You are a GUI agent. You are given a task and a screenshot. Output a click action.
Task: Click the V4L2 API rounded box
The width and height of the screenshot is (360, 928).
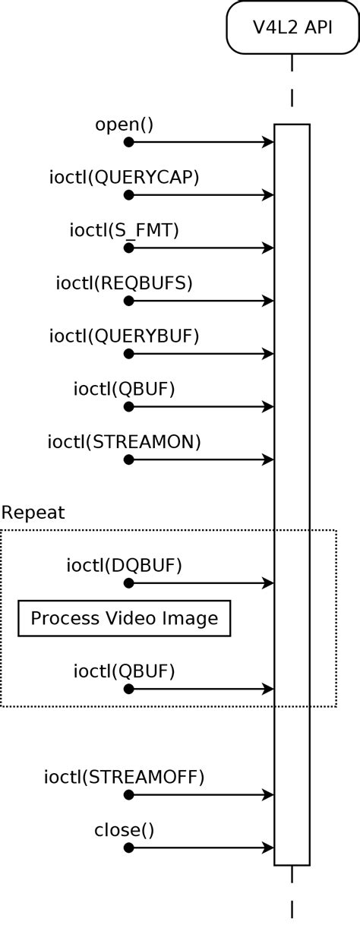click(x=292, y=27)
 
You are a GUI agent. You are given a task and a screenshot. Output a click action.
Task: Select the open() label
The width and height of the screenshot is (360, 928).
click(x=125, y=124)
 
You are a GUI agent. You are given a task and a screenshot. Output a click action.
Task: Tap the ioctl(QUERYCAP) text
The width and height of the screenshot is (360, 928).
click(x=125, y=177)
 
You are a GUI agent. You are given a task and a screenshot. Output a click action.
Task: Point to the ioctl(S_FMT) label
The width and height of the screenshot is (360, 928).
click(x=125, y=229)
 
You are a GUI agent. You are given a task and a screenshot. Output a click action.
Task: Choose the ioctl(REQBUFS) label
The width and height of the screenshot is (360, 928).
click(x=125, y=283)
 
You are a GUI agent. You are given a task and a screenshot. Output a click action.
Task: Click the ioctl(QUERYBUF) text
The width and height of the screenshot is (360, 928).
click(x=125, y=336)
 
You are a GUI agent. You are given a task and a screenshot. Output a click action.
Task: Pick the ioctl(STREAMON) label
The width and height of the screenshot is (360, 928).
click(x=125, y=441)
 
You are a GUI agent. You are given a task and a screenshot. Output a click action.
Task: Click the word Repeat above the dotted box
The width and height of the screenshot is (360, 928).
click(x=33, y=513)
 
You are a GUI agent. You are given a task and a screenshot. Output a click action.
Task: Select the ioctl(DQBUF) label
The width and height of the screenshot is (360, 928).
click(x=125, y=565)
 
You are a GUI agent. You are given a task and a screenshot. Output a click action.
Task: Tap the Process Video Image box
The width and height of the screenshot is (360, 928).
click(x=125, y=618)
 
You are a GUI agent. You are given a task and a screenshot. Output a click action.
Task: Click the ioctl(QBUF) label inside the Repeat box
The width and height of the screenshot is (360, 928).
click(x=125, y=671)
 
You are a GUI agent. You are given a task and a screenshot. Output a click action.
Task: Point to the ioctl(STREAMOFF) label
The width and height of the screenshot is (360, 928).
click(x=125, y=777)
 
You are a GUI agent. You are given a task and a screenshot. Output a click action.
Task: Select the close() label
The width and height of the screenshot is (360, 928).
click(x=125, y=829)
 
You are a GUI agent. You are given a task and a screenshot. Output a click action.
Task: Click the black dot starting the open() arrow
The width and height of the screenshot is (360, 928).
click(x=128, y=142)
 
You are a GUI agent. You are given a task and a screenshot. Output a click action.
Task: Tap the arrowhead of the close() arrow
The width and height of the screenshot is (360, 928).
click(x=269, y=848)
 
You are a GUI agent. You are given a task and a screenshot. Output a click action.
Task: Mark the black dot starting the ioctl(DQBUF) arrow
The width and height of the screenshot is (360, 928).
click(x=128, y=583)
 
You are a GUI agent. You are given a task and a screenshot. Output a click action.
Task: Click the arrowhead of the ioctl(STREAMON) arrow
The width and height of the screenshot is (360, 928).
click(x=269, y=459)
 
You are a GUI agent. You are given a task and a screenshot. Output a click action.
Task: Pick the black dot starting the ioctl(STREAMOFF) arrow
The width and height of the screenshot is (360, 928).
click(x=128, y=794)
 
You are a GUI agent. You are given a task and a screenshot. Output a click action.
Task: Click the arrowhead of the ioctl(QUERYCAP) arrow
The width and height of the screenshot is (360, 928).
click(x=269, y=195)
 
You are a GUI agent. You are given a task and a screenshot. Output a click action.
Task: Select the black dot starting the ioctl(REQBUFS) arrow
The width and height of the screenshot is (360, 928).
click(x=128, y=301)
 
